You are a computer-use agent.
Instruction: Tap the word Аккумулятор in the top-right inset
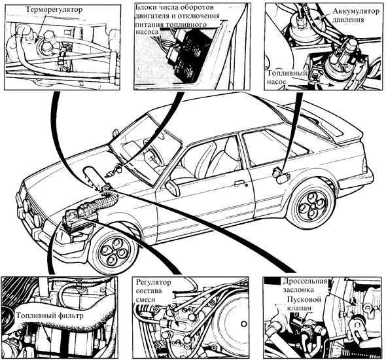tap(356, 11)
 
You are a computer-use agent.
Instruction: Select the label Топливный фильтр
tap(50, 315)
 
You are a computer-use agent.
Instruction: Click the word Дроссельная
tap(304, 281)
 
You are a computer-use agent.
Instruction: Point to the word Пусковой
tap(304, 299)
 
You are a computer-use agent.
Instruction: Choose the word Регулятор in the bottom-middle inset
tap(153, 282)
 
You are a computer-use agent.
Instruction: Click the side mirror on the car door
tap(173, 188)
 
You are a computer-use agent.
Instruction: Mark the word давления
tap(349, 20)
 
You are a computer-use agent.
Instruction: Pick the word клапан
tap(300, 308)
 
